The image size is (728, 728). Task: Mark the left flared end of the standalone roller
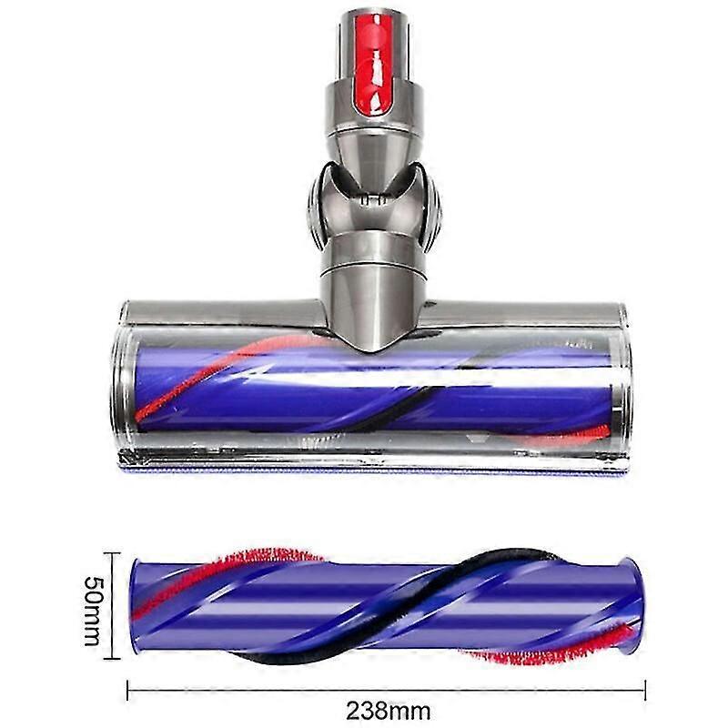click(136, 608)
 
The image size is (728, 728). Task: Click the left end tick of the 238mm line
click(127, 689)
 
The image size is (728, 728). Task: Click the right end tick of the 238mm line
click(645, 689)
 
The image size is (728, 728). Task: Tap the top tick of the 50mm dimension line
click(111, 553)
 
